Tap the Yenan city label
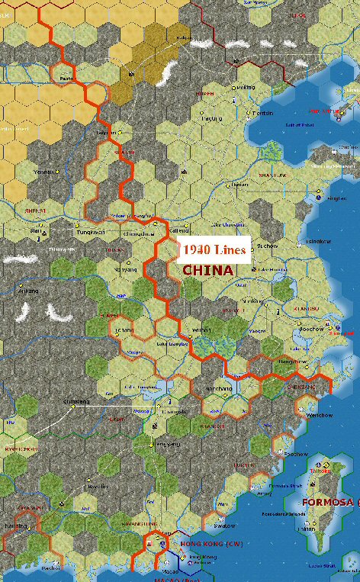43,172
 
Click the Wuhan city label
201,330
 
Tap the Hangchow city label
294,361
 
